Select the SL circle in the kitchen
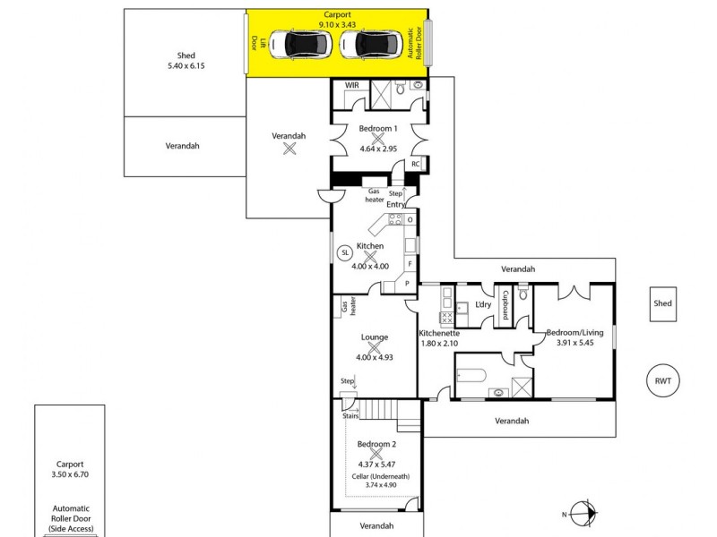(344, 253)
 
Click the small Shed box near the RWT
(662, 303)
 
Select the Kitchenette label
(439, 334)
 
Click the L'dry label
(483, 305)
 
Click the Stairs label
(350, 415)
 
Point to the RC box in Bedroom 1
(415, 165)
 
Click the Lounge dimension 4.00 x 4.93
(375, 358)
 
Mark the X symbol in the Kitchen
(370, 256)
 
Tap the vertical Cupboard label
(505, 305)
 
